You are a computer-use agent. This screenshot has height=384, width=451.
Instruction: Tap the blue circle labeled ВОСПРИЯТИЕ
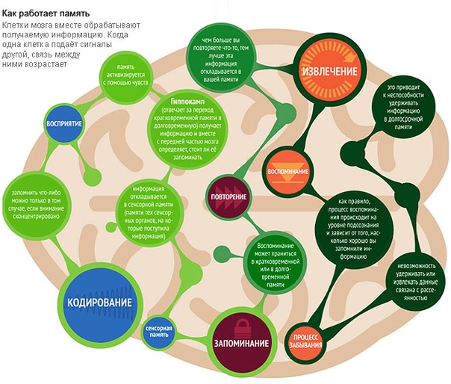pos(64,123)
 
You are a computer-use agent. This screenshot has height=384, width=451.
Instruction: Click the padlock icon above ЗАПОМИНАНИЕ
pos(241,326)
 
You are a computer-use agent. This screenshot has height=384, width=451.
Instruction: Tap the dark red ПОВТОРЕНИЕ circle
pos(228,193)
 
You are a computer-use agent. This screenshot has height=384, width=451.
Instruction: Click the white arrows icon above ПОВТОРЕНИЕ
pos(228,187)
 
